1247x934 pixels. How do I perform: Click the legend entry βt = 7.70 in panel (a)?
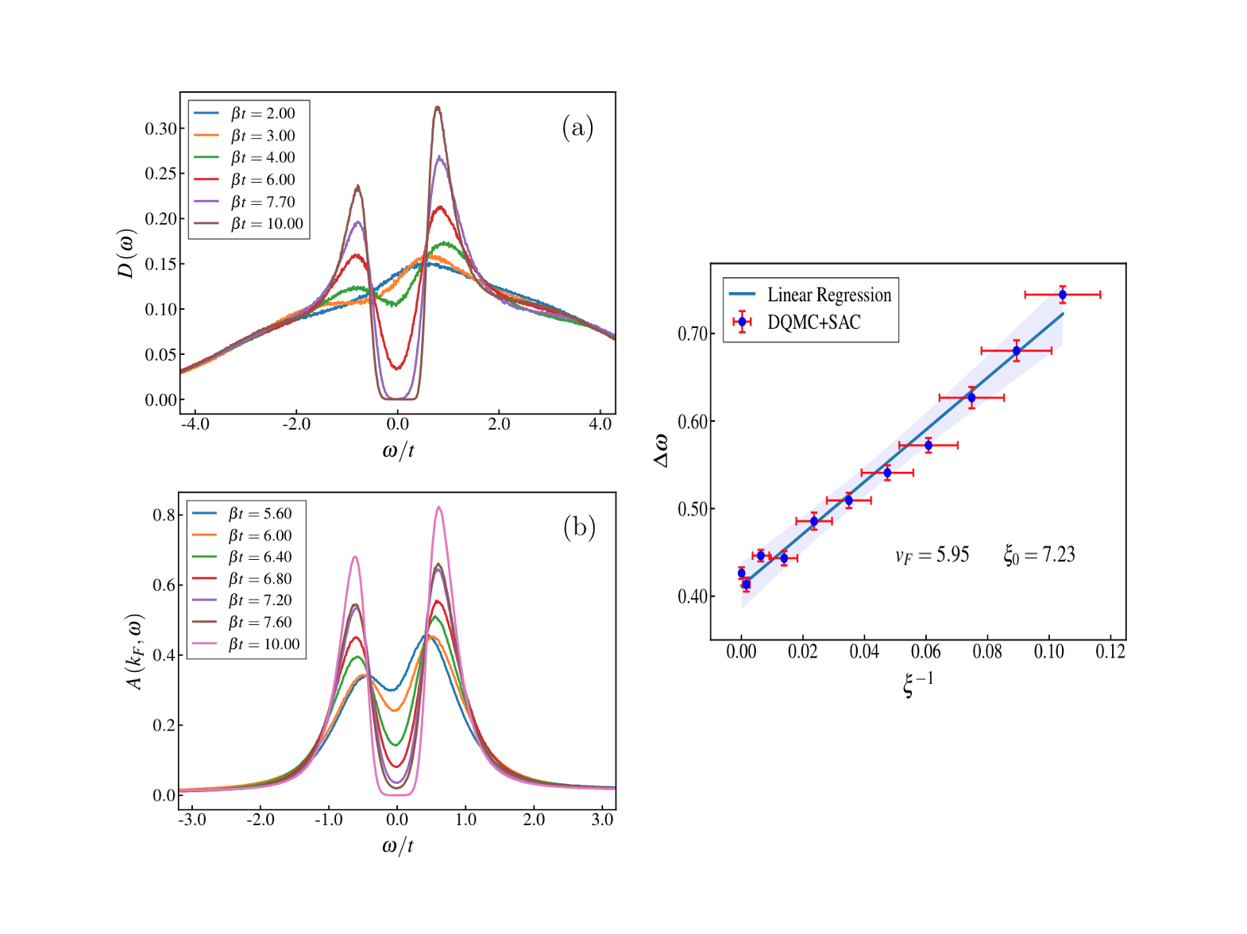point(263,202)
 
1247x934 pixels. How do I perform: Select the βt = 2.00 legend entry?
point(263,114)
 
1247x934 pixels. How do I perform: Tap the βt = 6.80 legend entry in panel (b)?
point(261,579)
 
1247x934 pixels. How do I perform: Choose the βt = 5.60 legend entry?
point(261,514)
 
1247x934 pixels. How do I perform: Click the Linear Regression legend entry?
point(828,295)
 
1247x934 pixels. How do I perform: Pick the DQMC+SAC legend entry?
point(813,322)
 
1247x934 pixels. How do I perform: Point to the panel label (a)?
point(577,127)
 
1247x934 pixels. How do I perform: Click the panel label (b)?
point(579,527)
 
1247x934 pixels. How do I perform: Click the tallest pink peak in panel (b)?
point(438,508)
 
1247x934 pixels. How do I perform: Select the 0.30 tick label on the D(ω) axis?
point(160,129)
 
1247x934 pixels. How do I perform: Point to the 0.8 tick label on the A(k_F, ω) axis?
point(164,515)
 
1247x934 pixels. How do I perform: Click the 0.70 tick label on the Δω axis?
point(693,334)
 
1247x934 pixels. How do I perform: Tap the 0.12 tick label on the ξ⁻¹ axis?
point(1110,652)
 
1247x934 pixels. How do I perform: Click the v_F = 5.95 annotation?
point(932,555)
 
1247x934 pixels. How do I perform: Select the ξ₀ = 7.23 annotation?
point(1039,555)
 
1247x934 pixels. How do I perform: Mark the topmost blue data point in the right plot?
point(1062,295)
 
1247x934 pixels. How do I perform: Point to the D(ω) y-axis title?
point(126,253)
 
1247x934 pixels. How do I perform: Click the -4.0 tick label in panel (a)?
point(195,424)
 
